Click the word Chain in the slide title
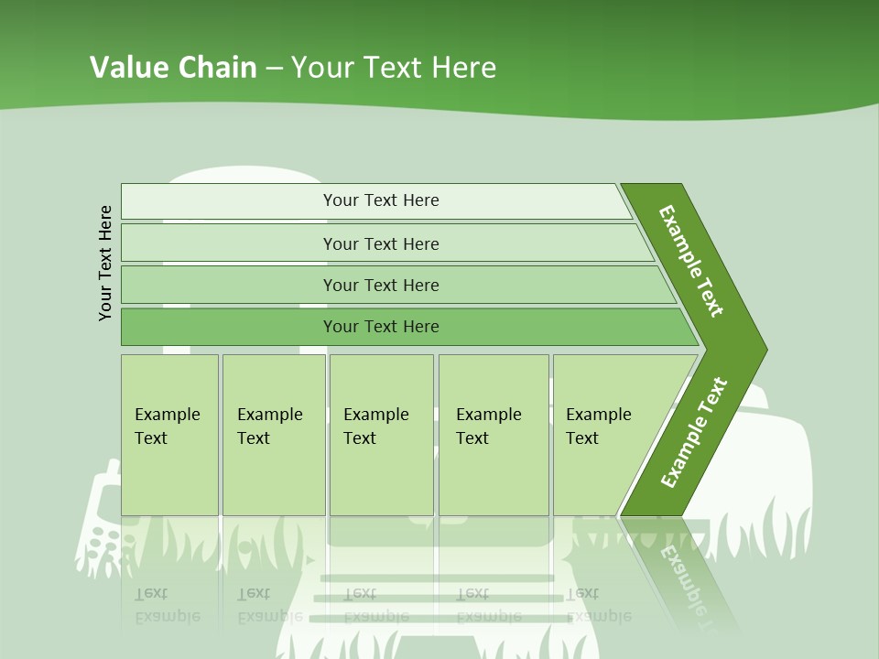(x=217, y=68)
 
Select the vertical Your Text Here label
(x=105, y=263)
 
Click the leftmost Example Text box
(x=169, y=434)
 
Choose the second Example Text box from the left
(x=273, y=434)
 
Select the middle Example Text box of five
(x=381, y=434)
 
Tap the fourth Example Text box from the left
(x=493, y=434)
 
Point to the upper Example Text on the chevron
(x=691, y=261)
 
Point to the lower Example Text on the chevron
(x=694, y=432)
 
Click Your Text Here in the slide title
(x=394, y=68)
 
